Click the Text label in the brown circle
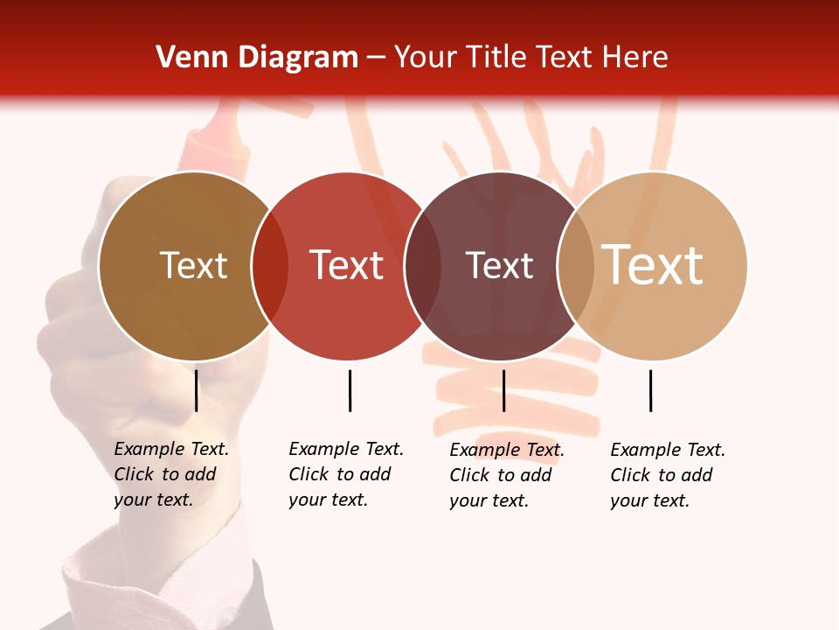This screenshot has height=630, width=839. click(x=193, y=265)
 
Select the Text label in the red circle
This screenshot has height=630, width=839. click(x=347, y=265)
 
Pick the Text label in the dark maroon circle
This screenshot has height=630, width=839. click(x=499, y=265)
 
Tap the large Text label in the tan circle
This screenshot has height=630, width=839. click(x=653, y=265)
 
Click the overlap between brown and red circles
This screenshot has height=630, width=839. click(x=269, y=265)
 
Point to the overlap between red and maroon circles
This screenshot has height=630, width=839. click(x=423, y=265)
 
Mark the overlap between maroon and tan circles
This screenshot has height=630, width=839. click(x=576, y=265)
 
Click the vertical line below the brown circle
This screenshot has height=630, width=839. click(x=197, y=390)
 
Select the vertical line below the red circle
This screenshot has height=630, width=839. click(x=350, y=390)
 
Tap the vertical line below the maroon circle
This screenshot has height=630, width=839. click(x=503, y=390)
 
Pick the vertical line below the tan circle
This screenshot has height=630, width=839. click(x=650, y=390)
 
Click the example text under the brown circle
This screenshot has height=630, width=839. click(x=170, y=474)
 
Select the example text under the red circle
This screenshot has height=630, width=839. click(x=345, y=474)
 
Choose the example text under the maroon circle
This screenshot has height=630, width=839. click(x=506, y=475)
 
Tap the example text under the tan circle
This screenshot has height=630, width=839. click(x=667, y=475)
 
